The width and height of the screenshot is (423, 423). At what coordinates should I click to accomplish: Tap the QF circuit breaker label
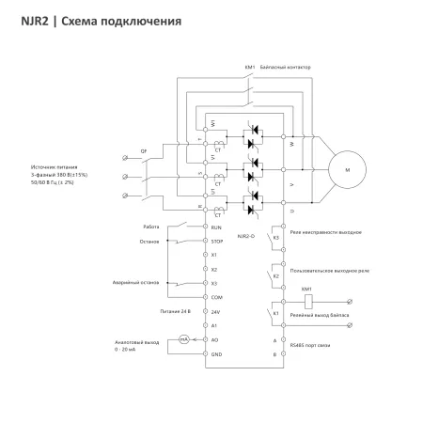pos(143,149)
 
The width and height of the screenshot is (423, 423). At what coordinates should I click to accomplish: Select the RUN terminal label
pos(216,227)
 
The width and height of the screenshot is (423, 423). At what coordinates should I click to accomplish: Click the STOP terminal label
pos(216,241)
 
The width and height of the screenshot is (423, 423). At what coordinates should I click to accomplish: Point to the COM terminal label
pos(216,296)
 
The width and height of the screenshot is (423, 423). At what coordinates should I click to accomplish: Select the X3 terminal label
pos(215,282)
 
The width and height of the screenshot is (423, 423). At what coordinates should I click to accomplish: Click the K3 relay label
pos(275,238)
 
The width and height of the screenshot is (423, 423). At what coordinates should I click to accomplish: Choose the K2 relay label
pos(275,275)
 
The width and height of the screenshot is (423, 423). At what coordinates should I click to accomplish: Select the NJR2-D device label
pos(247,235)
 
